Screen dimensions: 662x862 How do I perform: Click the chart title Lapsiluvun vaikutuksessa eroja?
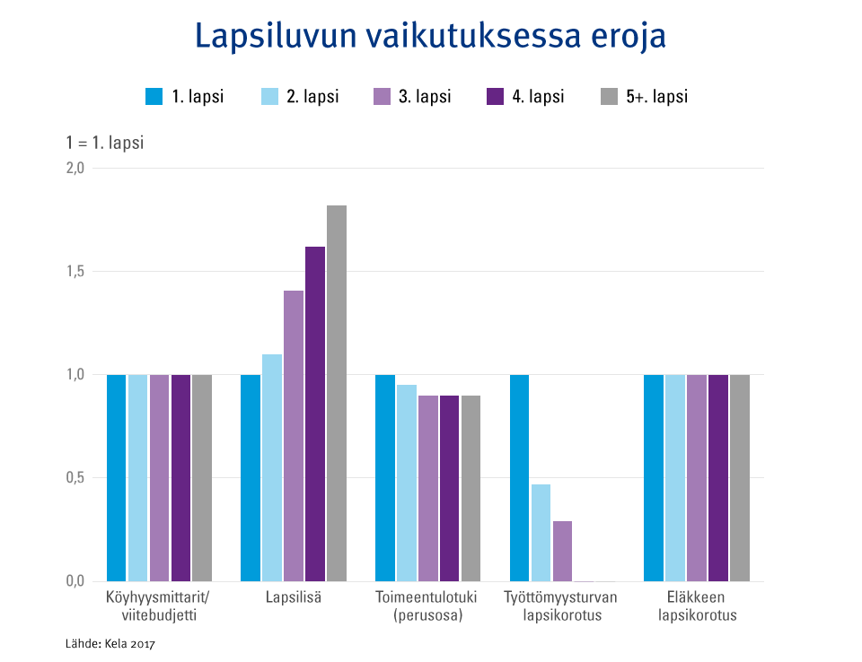pyautogui.click(x=430, y=37)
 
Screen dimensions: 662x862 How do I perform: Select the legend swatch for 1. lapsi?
pyautogui.click(x=154, y=97)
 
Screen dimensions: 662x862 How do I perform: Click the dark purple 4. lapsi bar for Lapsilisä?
pyautogui.click(x=315, y=414)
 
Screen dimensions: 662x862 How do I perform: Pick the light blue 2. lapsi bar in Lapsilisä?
pyautogui.click(x=272, y=467)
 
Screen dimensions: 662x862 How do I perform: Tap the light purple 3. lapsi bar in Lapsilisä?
pyautogui.click(x=294, y=435)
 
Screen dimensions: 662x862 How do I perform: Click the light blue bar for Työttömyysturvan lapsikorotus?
pyautogui.click(x=541, y=532)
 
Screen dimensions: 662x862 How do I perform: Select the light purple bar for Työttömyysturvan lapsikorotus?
pyautogui.click(x=562, y=551)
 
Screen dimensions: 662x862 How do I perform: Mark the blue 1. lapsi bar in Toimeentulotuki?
pyautogui.click(x=384, y=477)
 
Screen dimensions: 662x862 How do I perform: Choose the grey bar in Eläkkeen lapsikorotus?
pyautogui.click(x=740, y=477)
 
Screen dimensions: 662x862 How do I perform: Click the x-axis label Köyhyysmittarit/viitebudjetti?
pyautogui.click(x=158, y=606)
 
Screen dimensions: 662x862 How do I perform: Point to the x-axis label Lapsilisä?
pyautogui.click(x=294, y=597)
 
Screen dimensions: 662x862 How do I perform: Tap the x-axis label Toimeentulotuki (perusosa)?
pyautogui.click(x=427, y=606)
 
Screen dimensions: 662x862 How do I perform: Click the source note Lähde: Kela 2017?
pyautogui.click(x=110, y=643)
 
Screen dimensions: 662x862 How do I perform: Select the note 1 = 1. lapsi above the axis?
pyautogui.click(x=105, y=144)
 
